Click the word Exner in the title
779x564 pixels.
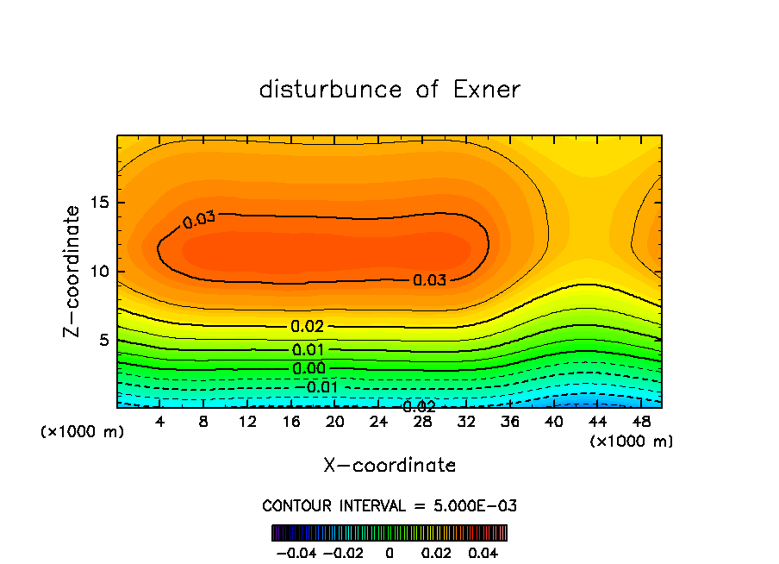487,90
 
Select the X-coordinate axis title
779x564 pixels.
389,465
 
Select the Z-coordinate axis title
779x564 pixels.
72,271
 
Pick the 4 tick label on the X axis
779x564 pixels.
160,421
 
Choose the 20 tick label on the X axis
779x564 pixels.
335,421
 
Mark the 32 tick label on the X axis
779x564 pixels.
466,421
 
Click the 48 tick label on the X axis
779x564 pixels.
641,421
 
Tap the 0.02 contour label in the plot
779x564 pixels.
308,326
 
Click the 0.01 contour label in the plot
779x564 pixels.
308,349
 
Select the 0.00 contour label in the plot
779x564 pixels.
308,368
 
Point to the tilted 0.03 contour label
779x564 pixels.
199,219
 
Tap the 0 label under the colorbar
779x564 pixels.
389,551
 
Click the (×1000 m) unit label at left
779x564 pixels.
83,432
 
